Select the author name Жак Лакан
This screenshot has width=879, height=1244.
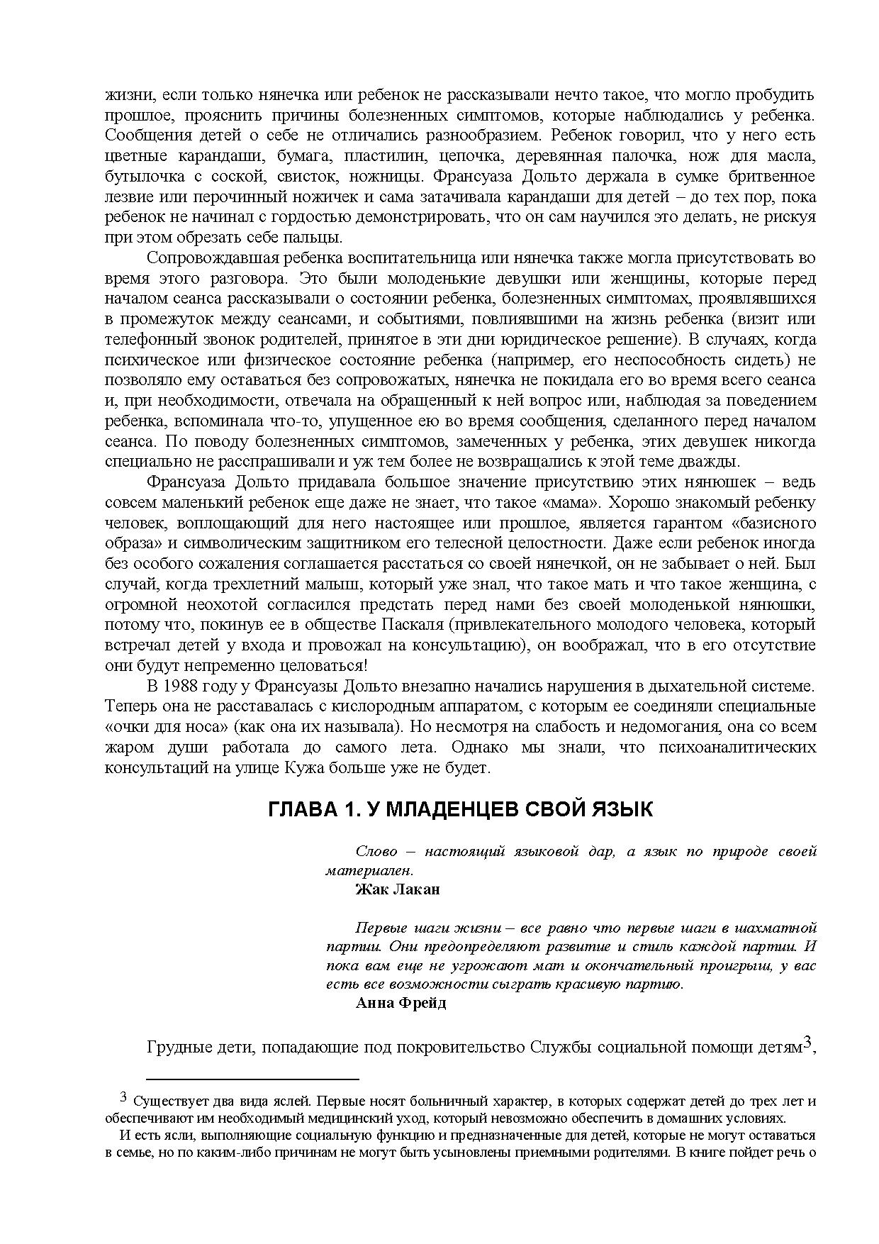point(397,889)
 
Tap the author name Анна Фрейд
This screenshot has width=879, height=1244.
point(401,1004)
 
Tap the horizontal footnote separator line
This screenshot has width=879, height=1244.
point(253,1079)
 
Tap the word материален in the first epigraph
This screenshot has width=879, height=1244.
point(369,870)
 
